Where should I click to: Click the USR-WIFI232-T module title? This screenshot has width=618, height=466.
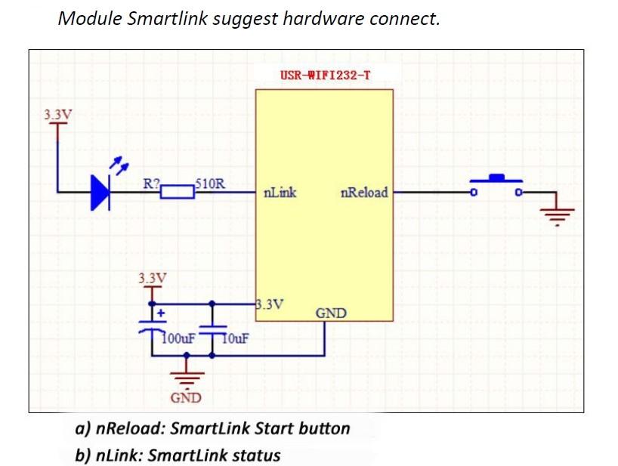click(325, 76)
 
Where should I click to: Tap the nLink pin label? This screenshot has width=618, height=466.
click(280, 193)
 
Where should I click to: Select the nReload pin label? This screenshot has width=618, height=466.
click(364, 193)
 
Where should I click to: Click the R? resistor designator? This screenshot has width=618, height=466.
click(152, 183)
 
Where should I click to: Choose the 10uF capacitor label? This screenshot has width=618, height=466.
click(236, 338)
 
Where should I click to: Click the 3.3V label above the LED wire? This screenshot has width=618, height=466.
click(58, 116)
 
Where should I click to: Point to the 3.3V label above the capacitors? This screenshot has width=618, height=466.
click(152, 278)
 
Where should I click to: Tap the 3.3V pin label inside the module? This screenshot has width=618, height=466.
click(270, 305)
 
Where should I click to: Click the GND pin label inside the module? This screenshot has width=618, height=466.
click(331, 313)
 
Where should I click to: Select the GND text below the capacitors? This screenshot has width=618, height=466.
click(185, 398)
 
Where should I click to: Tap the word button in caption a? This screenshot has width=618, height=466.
click(325, 429)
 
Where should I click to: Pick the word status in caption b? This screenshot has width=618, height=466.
click(254, 455)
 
